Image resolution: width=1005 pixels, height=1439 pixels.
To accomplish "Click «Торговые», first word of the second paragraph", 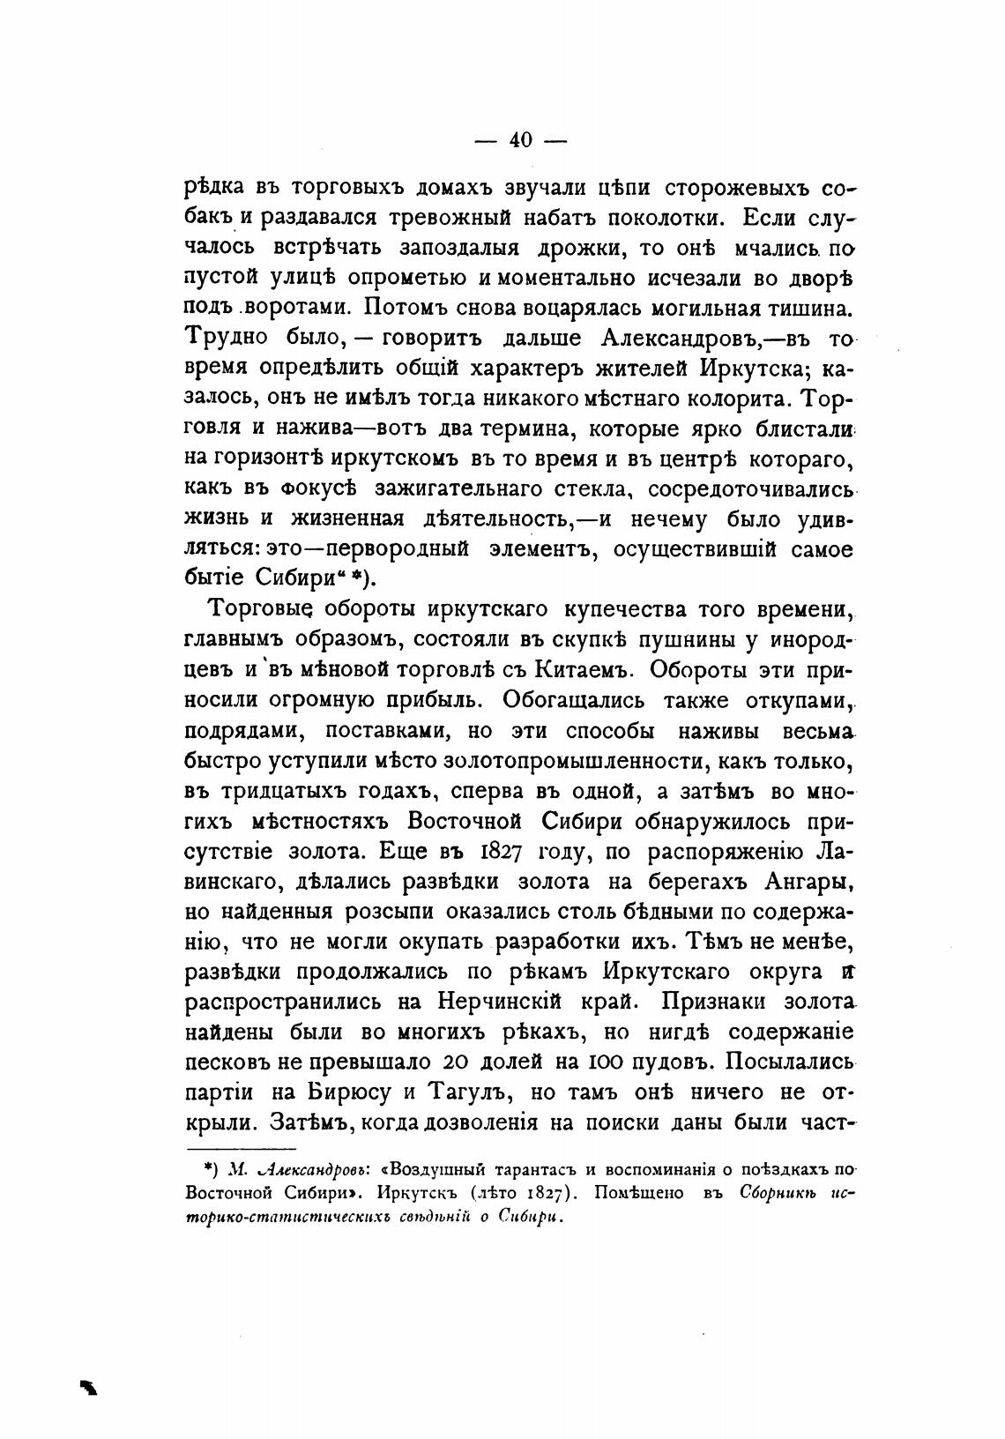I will (255, 609).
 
